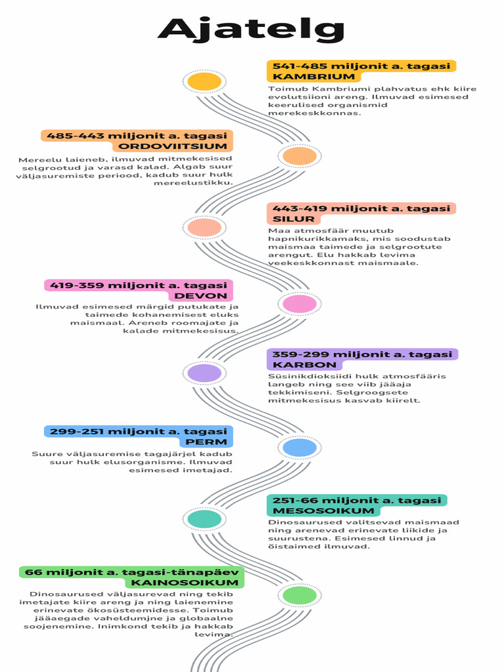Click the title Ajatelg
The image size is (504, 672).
tap(251, 30)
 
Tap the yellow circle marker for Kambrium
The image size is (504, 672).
tap(204, 81)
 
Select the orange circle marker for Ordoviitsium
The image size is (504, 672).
tap(299, 156)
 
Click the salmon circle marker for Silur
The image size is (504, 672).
tap(204, 228)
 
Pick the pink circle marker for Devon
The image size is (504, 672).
tap(299, 303)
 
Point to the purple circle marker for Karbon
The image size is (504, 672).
tap(204, 373)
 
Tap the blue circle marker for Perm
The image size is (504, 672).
tap(299, 448)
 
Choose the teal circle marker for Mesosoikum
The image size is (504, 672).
tap(204, 519)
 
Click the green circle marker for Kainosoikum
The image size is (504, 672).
tap(299, 595)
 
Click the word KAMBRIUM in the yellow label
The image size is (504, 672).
tap(304, 77)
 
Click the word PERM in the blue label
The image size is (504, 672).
tap(211, 442)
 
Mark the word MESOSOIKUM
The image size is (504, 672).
tap(314, 511)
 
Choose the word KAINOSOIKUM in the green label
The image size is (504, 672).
tap(185, 583)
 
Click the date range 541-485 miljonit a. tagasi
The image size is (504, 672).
tap(361, 66)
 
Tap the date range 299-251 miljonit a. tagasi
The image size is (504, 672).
tap(138, 431)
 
